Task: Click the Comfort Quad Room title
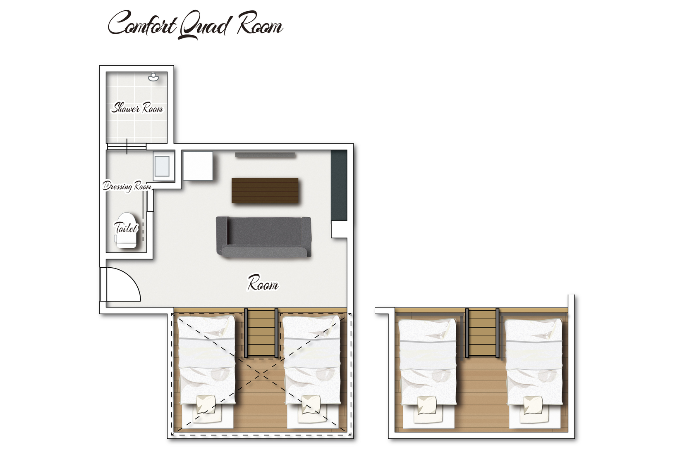click(196, 25)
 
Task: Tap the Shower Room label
click(137, 108)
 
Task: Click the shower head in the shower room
click(153, 77)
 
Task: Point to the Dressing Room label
click(127, 186)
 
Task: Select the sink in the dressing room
click(162, 166)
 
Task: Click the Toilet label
click(126, 228)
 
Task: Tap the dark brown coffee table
click(265, 191)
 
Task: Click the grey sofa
click(263, 237)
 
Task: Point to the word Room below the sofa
click(263, 283)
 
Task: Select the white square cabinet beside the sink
click(198, 166)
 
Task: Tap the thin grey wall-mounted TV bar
click(265, 155)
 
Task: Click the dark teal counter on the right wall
click(339, 185)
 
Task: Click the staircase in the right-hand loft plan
click(482, 333)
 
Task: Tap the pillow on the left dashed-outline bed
click(206, 405)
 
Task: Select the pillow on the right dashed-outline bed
click(311, 404)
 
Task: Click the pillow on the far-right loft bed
click(533, 405)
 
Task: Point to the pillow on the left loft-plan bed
click(427, 405)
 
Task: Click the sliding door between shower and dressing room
click(127, 147)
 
